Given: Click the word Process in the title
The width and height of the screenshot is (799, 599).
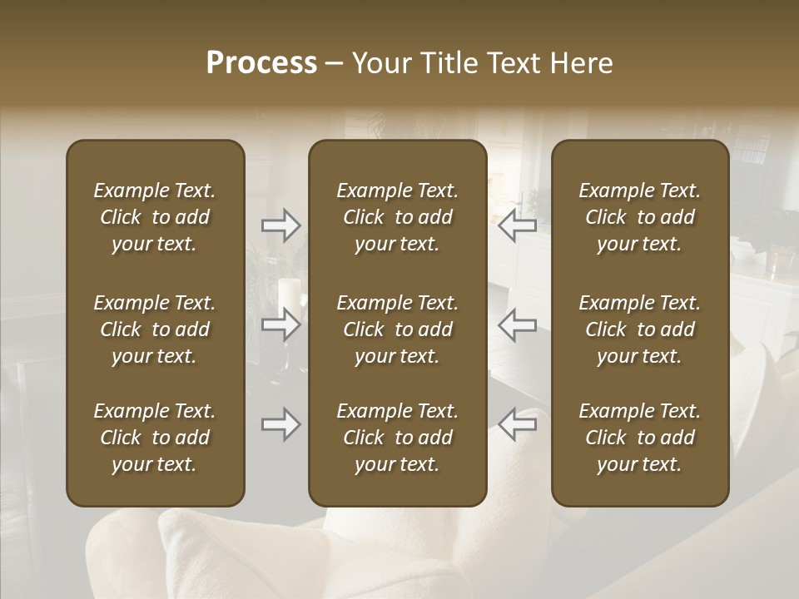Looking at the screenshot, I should pos(261,63).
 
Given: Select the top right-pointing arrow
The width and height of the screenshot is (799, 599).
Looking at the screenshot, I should pos(281,225).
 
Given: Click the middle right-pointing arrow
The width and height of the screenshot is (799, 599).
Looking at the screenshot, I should pos(281,324).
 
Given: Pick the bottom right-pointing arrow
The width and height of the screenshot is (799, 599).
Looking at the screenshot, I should pos(281,424).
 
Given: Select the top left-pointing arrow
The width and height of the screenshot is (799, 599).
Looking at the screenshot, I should pos(517,225).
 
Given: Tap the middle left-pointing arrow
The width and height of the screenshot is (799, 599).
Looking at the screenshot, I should pos(517,324).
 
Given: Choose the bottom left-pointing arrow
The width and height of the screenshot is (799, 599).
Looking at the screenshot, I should pos(517,424).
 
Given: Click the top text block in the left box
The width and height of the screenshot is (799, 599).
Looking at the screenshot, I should pos(155,217).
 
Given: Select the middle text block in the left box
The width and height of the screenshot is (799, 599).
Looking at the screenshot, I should pos(155,329).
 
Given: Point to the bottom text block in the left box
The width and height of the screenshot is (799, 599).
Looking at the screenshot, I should pos(155,438).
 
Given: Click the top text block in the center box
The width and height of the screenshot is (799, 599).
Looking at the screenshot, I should pos(398,217).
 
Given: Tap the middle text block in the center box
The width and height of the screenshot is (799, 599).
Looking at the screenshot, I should pos(398,329).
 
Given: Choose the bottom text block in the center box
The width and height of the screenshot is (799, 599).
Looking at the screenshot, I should pos(398,438).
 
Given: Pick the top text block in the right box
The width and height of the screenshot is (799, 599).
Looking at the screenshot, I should pos(640,217).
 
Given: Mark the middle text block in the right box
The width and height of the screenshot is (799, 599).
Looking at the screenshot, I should pos(640,329).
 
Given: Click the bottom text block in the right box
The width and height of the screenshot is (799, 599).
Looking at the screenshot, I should pos(640,438).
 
